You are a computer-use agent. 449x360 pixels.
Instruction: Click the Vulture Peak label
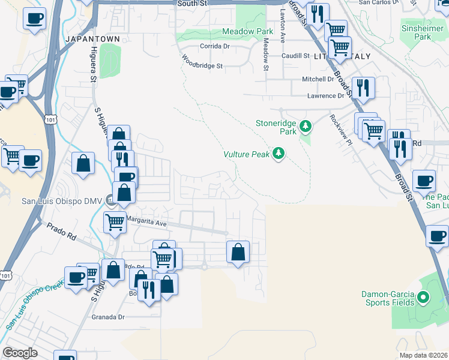246,154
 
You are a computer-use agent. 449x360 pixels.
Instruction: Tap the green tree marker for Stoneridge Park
306,126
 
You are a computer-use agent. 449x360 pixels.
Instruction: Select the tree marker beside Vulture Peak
278,154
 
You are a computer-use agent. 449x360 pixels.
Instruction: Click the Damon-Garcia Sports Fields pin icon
423,297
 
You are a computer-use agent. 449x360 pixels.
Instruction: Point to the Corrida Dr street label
215,46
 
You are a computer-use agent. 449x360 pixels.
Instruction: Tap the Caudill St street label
295,56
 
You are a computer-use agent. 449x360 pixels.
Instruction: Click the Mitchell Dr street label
318,79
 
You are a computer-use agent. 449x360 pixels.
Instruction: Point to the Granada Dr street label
108,317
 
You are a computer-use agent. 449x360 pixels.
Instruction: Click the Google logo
20,353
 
